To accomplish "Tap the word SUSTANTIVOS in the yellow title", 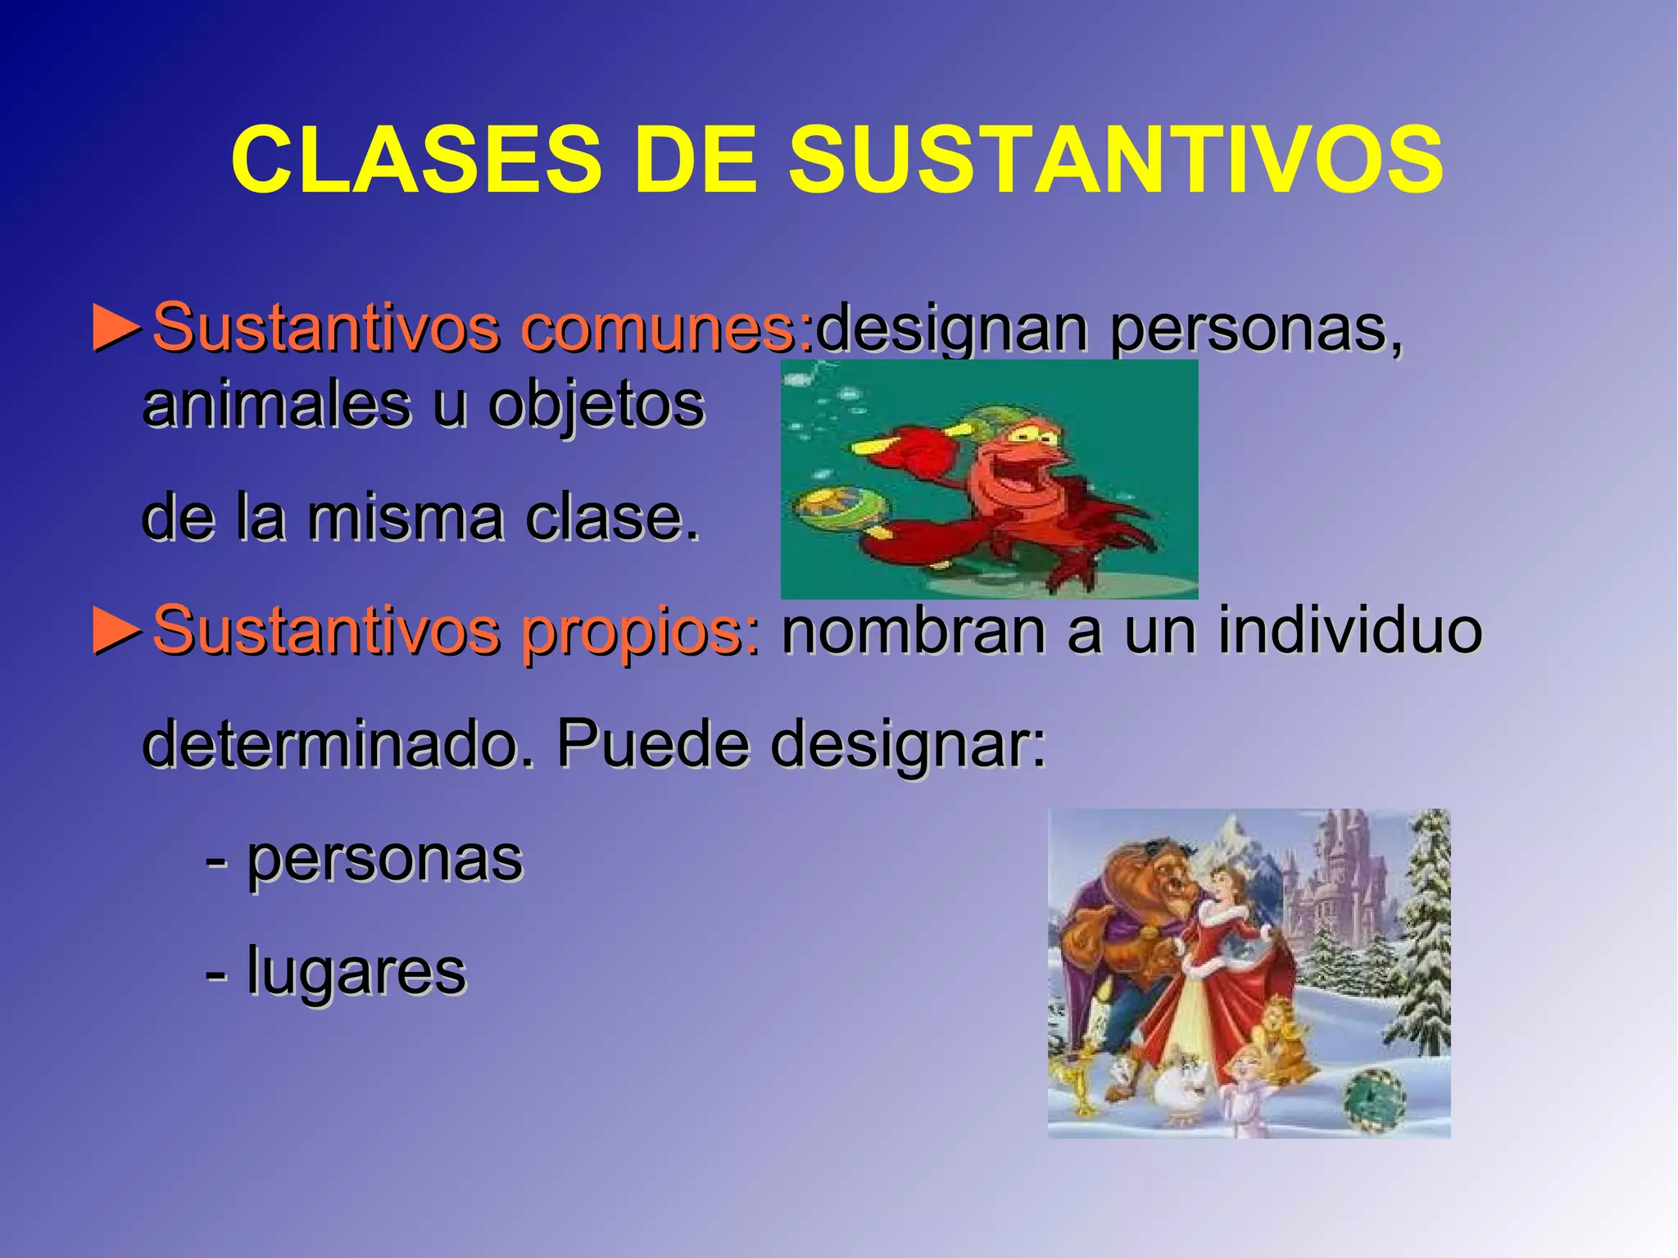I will (1116, 160).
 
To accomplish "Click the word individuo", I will (1350, 631).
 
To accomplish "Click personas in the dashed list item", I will (384, 861).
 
